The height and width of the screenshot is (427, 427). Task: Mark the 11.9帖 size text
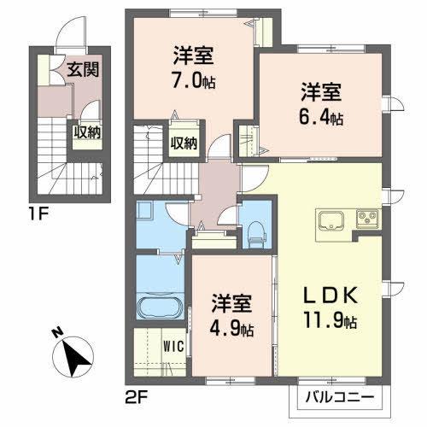[329, 323]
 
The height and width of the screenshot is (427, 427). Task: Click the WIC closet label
[173, 348]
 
